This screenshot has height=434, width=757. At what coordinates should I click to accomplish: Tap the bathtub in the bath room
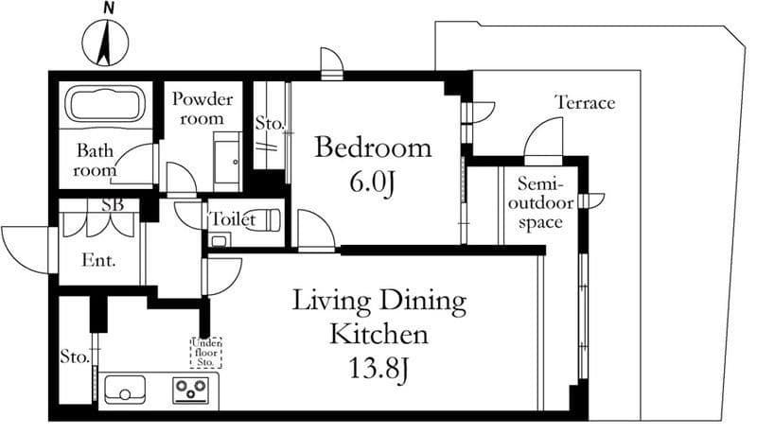106,105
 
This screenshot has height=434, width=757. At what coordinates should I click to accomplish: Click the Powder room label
202,109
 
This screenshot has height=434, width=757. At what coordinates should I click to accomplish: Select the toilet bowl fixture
263,220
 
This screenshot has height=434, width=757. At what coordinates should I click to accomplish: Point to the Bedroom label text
373,148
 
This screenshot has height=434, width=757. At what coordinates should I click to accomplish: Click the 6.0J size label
373,182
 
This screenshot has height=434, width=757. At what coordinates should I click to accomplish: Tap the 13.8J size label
378,370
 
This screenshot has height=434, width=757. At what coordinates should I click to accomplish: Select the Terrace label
585,103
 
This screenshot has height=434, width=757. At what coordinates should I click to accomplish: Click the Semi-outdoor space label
540,203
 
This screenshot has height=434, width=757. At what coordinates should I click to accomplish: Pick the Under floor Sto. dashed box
206,353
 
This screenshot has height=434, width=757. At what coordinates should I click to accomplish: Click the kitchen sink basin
125,389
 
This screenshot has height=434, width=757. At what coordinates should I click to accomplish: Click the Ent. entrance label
99,260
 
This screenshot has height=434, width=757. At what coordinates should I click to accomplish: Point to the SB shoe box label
113,205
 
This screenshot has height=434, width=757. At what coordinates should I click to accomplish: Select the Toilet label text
232,219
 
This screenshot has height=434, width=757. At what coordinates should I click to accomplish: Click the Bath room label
96,160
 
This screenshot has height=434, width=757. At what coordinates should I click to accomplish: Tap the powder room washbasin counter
227,163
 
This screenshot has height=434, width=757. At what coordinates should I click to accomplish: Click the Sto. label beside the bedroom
270,124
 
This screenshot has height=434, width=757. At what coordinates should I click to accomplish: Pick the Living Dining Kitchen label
379,317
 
